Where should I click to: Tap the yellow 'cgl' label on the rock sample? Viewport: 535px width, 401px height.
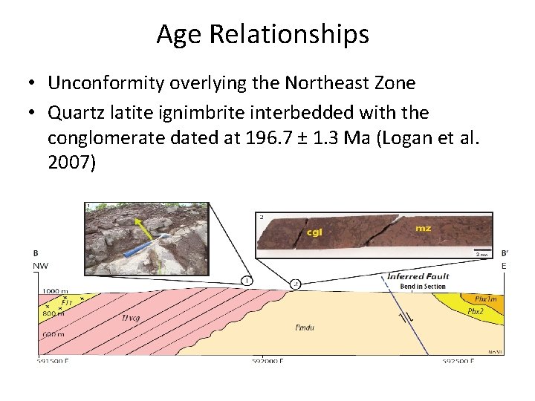(315, 232)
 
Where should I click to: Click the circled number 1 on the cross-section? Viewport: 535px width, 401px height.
(246, 281)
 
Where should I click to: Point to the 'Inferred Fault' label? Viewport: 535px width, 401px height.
(418, 277)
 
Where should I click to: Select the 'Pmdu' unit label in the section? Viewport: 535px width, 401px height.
(305, 327)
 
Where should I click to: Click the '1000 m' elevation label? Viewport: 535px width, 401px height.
(53, 291)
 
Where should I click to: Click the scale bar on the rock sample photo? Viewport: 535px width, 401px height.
(484, 250)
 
